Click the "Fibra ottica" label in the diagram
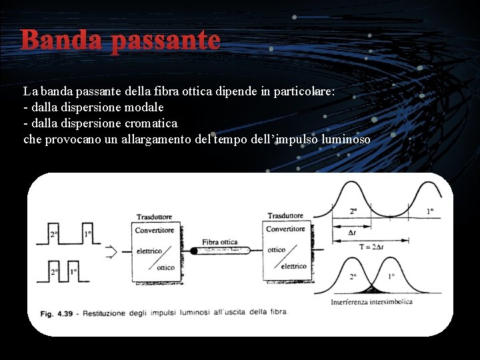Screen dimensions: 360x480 coord(219,241)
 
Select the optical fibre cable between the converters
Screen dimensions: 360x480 coord(221,251)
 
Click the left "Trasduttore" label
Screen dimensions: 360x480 coord(154,217)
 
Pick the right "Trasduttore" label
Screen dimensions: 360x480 coord(285,215)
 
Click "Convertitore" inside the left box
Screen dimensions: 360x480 coord(155,231)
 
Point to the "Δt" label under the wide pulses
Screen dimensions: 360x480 coord(352,233)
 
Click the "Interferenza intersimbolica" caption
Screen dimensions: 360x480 coord(371,302)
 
